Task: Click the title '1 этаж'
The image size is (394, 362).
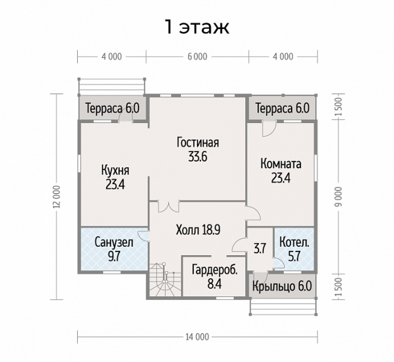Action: point(197,27)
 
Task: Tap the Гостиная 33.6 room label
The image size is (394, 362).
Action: point(198,150)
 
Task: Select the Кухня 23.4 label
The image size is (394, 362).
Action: point(115,177)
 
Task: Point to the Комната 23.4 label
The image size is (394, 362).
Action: point(281,171)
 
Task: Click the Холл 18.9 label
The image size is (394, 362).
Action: point(198,230)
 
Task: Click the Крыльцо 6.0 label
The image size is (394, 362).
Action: point(282,286)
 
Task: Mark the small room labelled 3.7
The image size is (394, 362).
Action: point(260,249)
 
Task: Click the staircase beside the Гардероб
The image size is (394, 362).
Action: point(165,280)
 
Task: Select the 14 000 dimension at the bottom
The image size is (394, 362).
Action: point(197,337)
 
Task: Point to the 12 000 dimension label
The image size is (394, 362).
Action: point(57,197)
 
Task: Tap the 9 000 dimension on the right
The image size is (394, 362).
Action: point(339,197)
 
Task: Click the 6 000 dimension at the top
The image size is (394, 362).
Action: point(197,57)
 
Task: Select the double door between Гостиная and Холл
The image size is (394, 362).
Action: point(168,206)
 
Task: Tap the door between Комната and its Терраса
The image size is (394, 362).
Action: point(269,129)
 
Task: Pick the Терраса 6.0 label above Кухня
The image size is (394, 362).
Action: point(112,109)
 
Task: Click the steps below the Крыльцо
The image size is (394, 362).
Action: point(283,307)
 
